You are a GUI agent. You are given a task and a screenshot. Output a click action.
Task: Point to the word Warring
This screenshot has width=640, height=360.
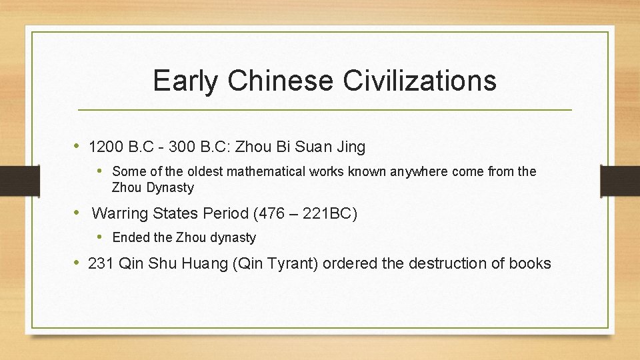(118, 213)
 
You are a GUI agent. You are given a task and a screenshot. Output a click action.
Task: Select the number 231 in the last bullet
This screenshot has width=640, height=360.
(101, 263)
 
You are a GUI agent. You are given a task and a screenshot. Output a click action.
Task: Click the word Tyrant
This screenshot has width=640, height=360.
(293, 263)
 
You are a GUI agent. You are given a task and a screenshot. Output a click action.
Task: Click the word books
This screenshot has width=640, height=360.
(530, 263)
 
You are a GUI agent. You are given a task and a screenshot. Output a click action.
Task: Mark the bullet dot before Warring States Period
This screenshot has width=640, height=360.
(78, 213)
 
